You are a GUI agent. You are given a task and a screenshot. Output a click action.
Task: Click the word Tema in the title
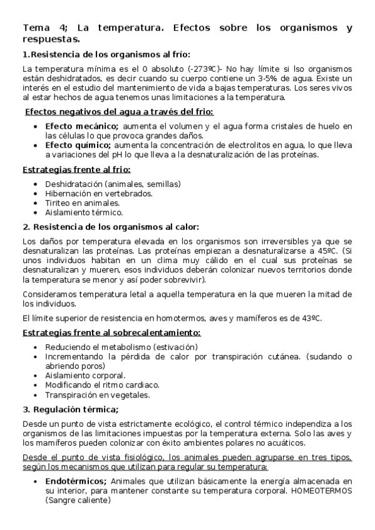(35, 28)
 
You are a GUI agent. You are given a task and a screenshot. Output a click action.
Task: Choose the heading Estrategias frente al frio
(76, 169)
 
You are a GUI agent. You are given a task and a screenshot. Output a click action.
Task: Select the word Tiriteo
(58, 203)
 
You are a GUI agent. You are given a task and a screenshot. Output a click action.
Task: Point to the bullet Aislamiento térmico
(83, 212)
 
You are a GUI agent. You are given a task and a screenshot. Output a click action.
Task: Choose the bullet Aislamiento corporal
(85, 376)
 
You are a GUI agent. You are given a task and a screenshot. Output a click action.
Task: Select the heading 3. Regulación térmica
(70, 409)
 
